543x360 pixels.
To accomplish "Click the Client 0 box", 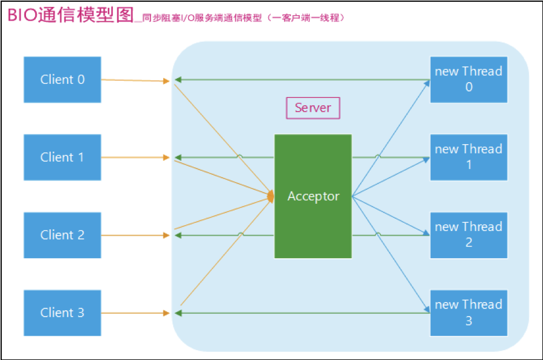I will [x=63, y=79].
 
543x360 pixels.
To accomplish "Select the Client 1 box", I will [x=63, y=157].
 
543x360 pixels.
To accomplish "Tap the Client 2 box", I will [x=63, y=234].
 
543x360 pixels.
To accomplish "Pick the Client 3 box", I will [x=63, y=313].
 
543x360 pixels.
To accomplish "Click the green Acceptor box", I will [x=313, y=196].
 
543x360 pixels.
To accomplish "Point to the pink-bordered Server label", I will [x=313, y=108].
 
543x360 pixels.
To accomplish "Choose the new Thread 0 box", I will [x=468, y=79].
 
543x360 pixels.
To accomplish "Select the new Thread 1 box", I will [x=468, y=157].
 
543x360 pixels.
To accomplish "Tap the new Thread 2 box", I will [x=468, y=234].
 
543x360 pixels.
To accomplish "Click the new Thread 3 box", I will [x=468, y=313].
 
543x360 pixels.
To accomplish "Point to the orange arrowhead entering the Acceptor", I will [x=270, y=197].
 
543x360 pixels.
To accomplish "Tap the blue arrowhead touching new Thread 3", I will [x=427, y=310].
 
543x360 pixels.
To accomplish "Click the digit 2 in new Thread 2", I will [x=469, y=243].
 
